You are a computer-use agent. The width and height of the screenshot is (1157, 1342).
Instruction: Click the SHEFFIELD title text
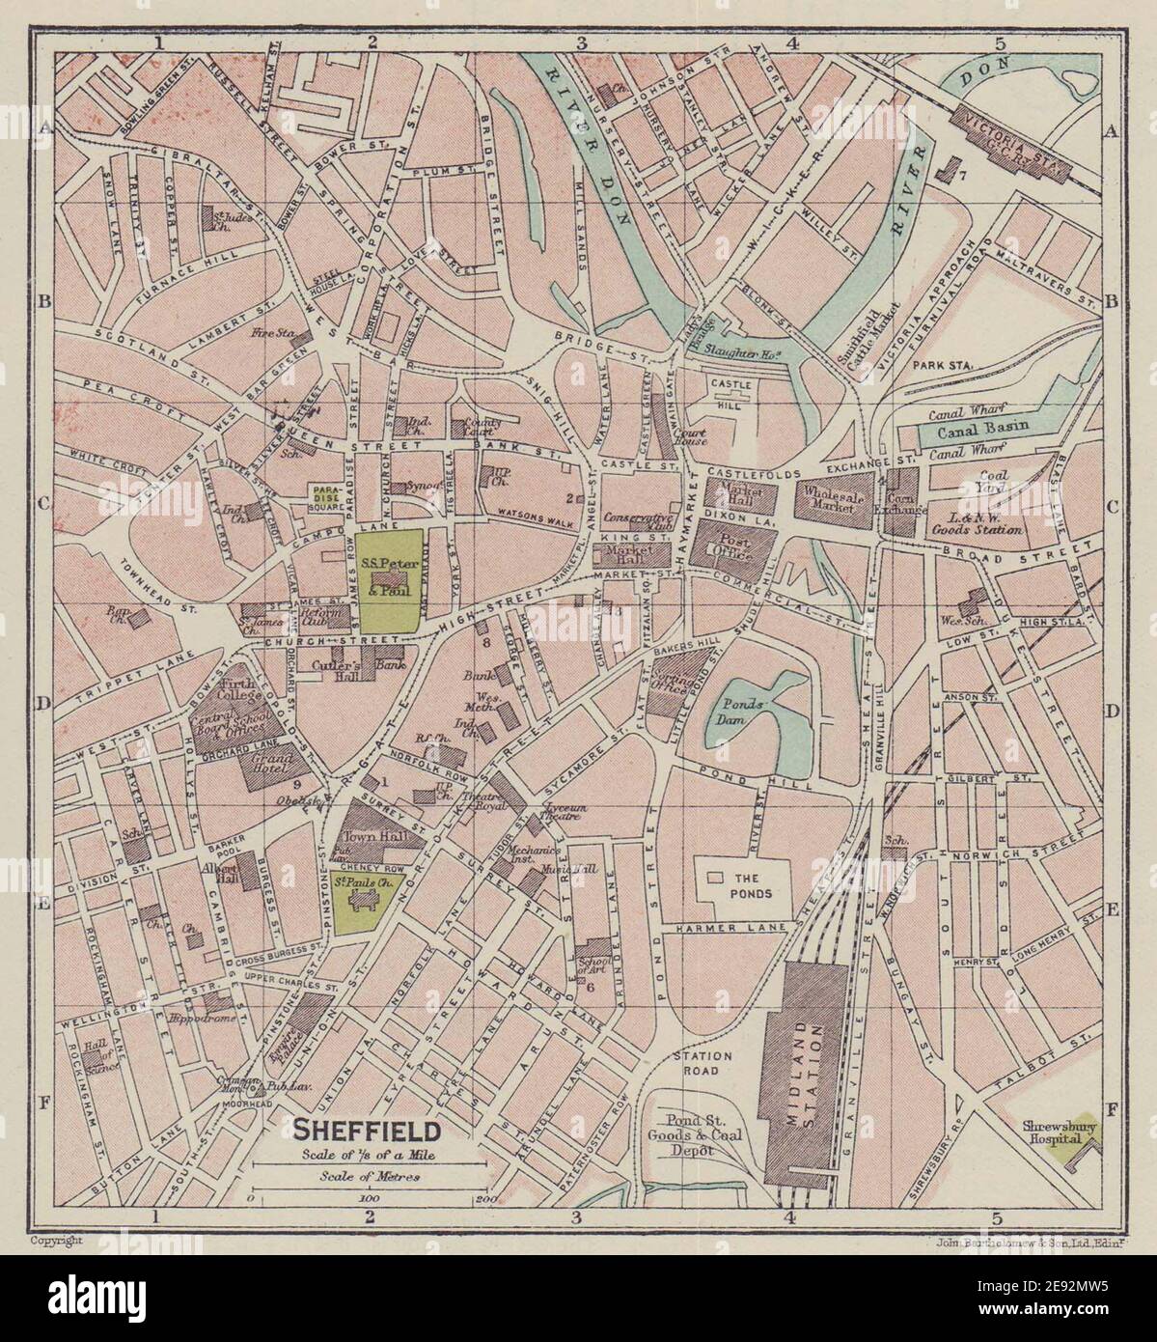coord(368,1129)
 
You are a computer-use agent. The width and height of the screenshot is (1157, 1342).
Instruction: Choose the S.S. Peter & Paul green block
coord(389,582)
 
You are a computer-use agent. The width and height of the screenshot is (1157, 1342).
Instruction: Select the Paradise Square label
coord(326,496)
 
